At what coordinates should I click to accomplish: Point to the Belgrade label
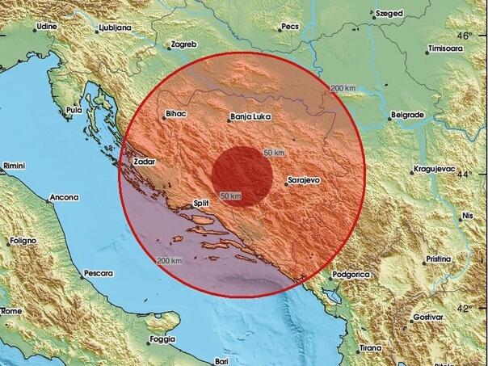pyautogui.click(x=406, y=116)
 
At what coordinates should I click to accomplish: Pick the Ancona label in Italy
pyautogui.click(x=64, y=197)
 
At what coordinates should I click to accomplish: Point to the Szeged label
pyautogui.click(x=389, y=13)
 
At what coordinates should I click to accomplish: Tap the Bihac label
pyautogui.click(x=175, y=116)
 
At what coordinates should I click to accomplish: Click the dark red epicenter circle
pyautogui.click(x=242, y=175)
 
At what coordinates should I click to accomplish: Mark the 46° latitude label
pyautogui.click(x=464, y=36)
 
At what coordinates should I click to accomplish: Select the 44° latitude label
pyautogui.click(x=464, y=174)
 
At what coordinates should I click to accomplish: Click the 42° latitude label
pyautogui.click(x=464, y=308)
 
